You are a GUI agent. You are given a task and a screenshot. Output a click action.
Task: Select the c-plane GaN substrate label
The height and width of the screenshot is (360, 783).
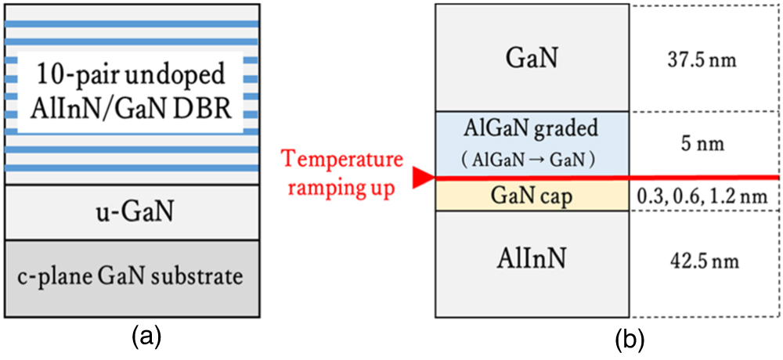click(132, 275)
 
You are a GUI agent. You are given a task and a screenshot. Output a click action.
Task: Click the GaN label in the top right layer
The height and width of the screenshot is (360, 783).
click(532, 58)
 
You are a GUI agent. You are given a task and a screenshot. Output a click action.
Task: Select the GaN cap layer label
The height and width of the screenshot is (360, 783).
click(532, 196)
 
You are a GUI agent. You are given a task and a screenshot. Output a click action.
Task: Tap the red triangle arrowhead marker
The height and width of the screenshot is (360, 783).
click(424, 179)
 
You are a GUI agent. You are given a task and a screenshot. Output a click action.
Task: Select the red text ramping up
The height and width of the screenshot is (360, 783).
click(344, 189)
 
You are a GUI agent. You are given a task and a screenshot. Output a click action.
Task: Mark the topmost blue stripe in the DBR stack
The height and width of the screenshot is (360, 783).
click(132, 23)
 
